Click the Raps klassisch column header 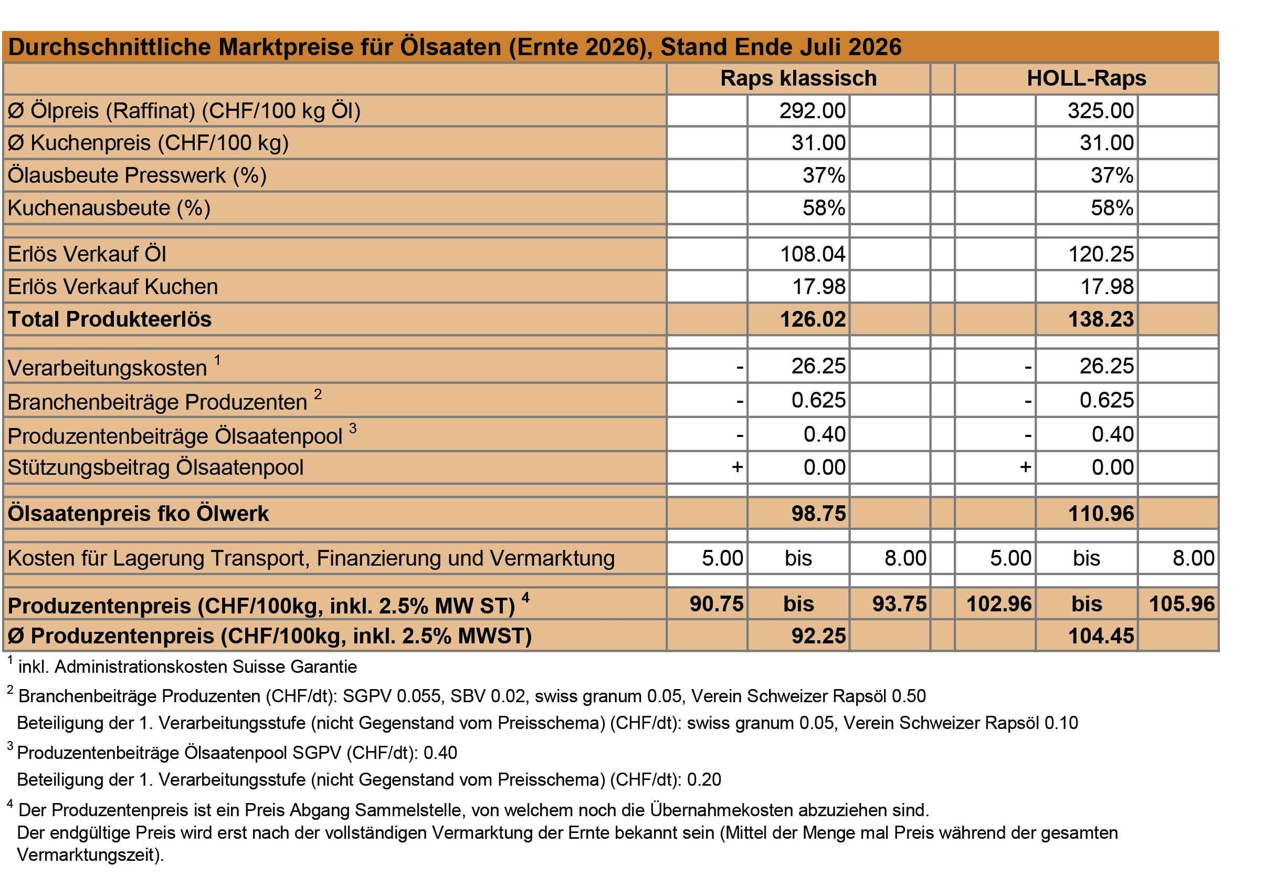(798, 79)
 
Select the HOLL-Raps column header (1087, 79)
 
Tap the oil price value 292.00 (812, 111)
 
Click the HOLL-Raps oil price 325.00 (1100, 111)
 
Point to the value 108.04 (812, 254)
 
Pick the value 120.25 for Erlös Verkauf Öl (1100, 254)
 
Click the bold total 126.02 (812, 320)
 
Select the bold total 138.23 (1100, 320)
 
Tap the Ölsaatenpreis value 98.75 (818, 514)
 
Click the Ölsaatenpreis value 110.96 (1100, 514)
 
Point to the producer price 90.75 (717, 604)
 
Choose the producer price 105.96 (1182, 604)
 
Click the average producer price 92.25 (818, 636)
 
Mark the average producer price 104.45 (1100, 636)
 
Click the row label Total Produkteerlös (110, 320)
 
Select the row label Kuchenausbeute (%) (109, 209)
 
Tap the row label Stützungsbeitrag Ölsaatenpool (155, 468)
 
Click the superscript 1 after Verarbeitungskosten (218, 361)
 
